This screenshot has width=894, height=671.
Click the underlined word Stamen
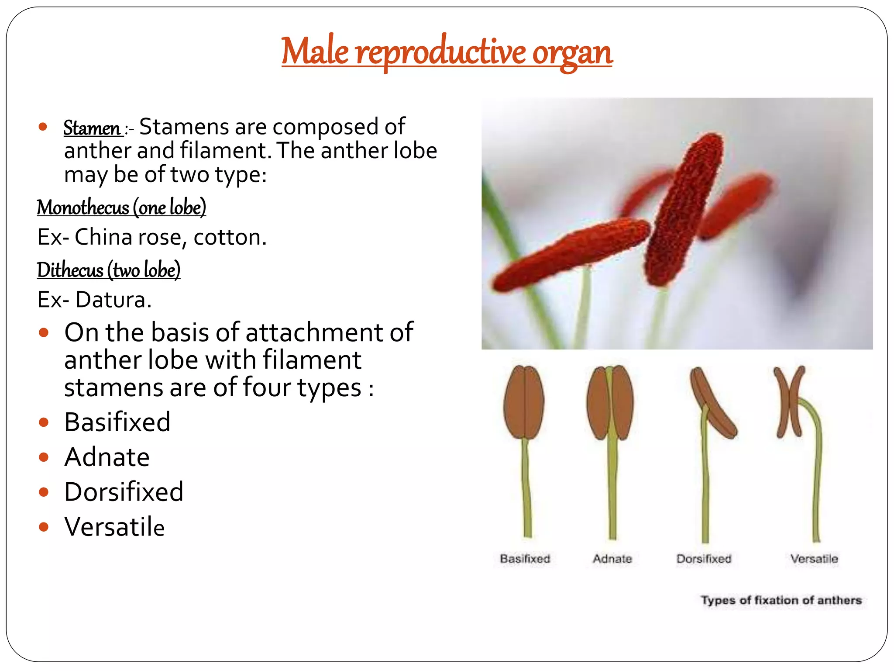[x=92, y=128]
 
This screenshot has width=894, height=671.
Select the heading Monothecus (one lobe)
[x=121, y=207]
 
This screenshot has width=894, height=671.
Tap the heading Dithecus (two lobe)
[x=108, y=270]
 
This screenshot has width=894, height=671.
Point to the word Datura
[x=113, y=300]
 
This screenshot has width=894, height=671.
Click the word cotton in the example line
[x=229, y=238]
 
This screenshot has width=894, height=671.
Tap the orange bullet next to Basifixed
[x=43, y=422]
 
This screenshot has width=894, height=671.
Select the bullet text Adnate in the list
[x=107, y=457]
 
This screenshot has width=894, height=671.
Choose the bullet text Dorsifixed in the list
[x=124, y=492]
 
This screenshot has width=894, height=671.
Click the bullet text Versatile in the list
[x=114, y=527]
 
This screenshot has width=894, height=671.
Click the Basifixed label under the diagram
[x=525, y=559]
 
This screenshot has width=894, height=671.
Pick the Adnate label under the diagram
[x=612, y=559]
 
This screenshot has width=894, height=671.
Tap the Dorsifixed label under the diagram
[x=704, y=559]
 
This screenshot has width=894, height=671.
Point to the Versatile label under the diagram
[x=814, y=559]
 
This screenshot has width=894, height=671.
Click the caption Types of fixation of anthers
[x=781, y=600]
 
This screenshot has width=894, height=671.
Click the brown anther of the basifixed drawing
[x=524, y=402]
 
